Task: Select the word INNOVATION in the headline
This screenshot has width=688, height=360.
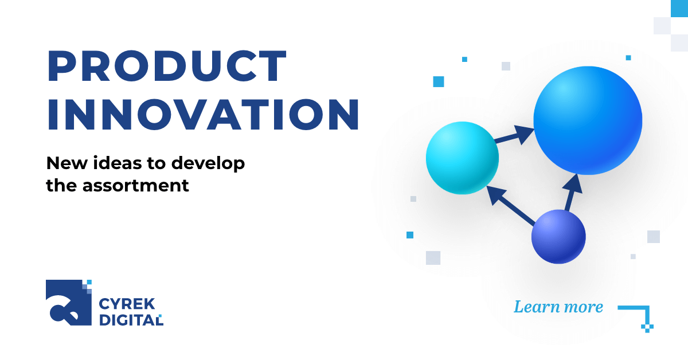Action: click(203, 116)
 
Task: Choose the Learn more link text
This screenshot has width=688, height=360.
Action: click(558, 307)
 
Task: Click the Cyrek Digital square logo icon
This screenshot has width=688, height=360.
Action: click(68, 302)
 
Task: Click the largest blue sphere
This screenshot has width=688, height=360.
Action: click(587, 120)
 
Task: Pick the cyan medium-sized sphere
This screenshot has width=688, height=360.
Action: click(462, 157)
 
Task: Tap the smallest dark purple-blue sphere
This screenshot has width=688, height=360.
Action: click(558, 236)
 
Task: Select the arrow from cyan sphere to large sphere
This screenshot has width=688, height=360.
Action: click(515, 135)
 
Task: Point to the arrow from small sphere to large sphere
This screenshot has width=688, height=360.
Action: click(571, 191)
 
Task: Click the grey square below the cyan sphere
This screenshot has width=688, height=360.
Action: click(433, 258)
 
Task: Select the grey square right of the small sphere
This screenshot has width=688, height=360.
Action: click(653, 237)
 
